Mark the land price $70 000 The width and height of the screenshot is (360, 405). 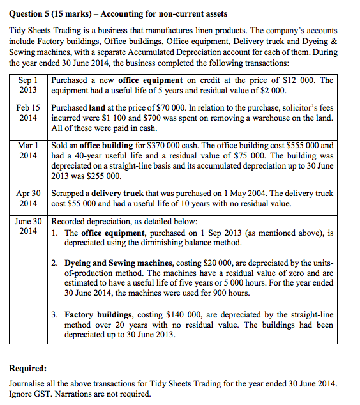pos(172,109)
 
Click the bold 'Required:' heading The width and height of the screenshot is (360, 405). pos(28,369)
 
